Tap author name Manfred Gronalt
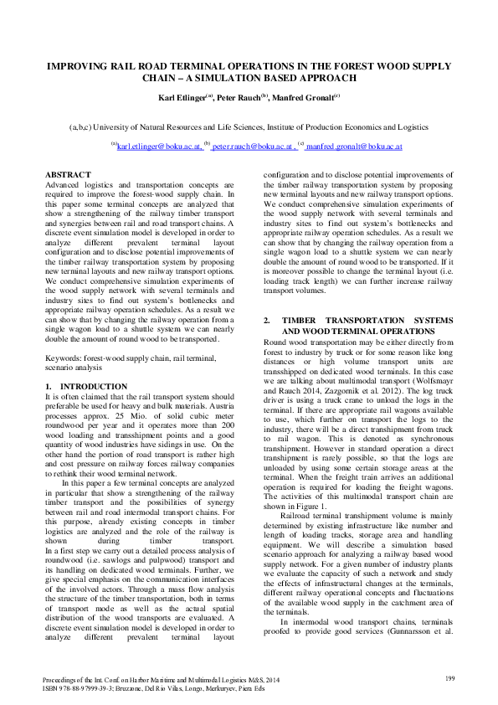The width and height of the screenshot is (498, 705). tap(311, 97)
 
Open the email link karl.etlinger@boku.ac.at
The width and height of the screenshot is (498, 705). tap(159, 146)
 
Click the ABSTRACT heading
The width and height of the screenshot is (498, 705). tap(68, 174)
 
